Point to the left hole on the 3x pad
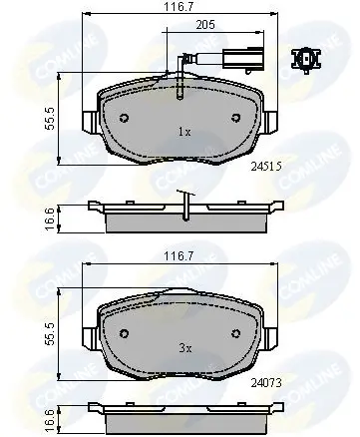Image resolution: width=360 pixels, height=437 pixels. click(x=123, y=332)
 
